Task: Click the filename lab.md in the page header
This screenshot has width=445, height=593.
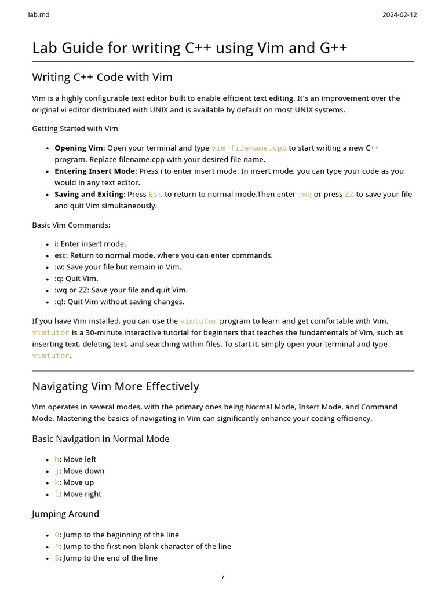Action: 39,14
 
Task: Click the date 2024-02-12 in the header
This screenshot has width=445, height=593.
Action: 399,14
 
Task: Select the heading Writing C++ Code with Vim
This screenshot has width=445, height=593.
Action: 102,77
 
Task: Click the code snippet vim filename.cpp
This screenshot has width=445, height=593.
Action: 249,148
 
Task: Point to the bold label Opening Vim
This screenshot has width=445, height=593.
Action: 78,148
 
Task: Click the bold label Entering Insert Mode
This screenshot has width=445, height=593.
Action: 94,171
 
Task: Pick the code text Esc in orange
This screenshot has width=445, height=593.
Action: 156,195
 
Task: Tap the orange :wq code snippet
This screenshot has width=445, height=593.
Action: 305,195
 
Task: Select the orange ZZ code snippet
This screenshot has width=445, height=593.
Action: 349,195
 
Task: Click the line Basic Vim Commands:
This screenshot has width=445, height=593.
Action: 71,225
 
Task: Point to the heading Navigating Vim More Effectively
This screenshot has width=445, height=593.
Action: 115,386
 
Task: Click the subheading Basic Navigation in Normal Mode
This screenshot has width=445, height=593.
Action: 101,439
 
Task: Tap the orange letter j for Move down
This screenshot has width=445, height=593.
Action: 57,471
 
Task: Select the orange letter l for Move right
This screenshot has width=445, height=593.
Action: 57,495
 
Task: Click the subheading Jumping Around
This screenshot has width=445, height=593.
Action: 65,514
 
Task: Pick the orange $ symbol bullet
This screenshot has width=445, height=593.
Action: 57,558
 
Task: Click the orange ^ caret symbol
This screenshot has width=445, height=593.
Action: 57,547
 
